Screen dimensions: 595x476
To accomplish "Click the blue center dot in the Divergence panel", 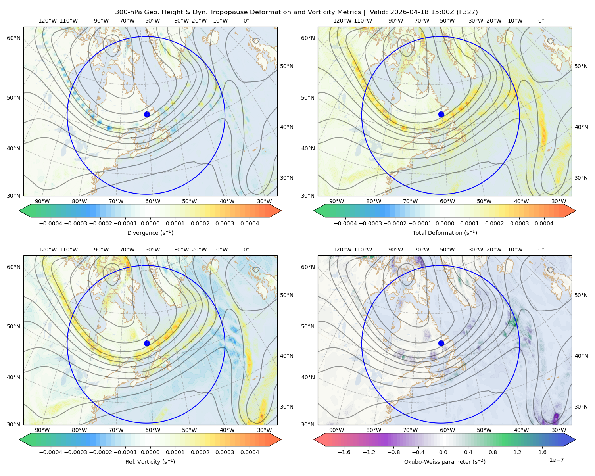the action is point(147,114).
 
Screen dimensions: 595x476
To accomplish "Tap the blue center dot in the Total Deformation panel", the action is point(441,114).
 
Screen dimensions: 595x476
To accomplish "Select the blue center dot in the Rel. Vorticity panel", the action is point(147,343).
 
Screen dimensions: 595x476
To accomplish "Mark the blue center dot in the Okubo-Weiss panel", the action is point(441,343).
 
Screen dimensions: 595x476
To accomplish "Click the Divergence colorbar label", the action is point(150,232).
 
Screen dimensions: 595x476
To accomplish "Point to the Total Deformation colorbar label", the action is point(445,232).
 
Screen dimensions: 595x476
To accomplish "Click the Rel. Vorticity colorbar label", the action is point(150,461).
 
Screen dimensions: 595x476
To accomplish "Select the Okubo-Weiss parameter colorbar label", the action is point(445,461).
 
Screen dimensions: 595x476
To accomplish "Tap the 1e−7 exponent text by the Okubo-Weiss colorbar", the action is point(556,460).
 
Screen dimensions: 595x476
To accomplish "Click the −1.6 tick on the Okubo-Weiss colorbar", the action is point(344,452).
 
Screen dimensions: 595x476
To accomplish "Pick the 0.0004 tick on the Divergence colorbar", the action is point(250,223).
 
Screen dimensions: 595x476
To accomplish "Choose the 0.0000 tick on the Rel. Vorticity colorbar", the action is point(150,452).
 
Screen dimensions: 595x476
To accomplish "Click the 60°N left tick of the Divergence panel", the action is point(13,38).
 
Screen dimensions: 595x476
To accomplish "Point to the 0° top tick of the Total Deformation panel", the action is point(541,21).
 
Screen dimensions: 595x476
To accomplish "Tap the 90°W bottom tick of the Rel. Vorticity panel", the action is point(42,430).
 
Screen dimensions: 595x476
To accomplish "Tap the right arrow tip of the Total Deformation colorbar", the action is point(576,211).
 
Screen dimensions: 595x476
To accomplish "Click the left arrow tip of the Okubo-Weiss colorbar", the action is point(314,440).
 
